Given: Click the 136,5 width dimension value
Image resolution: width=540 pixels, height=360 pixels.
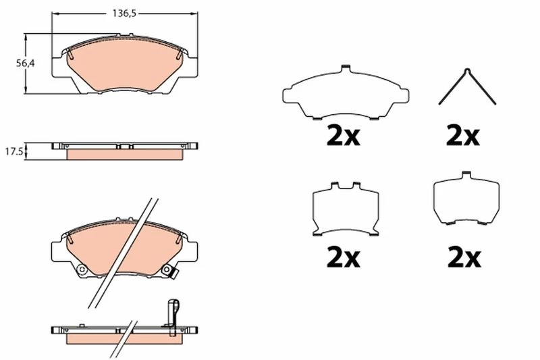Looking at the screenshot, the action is click(x=125, y=14).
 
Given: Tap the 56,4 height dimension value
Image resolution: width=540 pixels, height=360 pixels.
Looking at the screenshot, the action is click(x=26, y=63).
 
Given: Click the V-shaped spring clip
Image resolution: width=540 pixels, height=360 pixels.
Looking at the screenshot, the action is click(x=467, y=86).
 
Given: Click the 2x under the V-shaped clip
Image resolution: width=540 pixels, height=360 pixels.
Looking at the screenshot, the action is click(x=462, y=136).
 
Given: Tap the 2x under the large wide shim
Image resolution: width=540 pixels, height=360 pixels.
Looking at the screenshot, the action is click(x=343, y=136).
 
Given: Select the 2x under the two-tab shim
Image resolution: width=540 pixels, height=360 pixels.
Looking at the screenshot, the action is click(x=343, y=257).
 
